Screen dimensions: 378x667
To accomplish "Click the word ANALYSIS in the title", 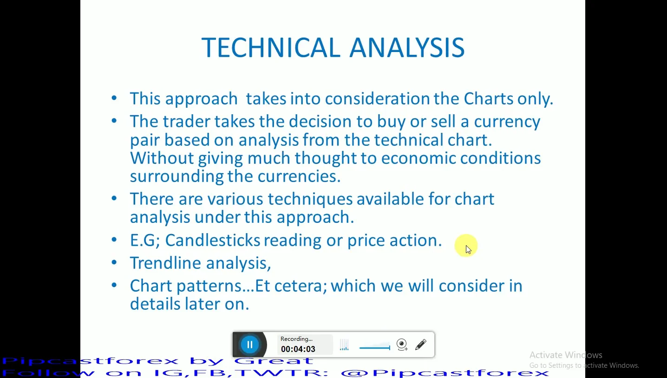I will point(407,47).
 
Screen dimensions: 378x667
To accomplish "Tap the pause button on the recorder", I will point(250,345).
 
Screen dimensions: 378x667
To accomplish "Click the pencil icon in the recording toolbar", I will point(421,345).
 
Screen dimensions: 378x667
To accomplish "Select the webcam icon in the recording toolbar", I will point(402,345).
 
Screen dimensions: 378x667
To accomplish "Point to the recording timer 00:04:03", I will point(298,349).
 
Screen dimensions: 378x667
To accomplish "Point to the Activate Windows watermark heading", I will point(566,355).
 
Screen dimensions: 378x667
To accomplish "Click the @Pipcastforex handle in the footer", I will point(445,373).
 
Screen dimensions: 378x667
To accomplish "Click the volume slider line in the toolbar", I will point(374,347).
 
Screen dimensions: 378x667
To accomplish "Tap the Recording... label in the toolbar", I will point(296,339).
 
